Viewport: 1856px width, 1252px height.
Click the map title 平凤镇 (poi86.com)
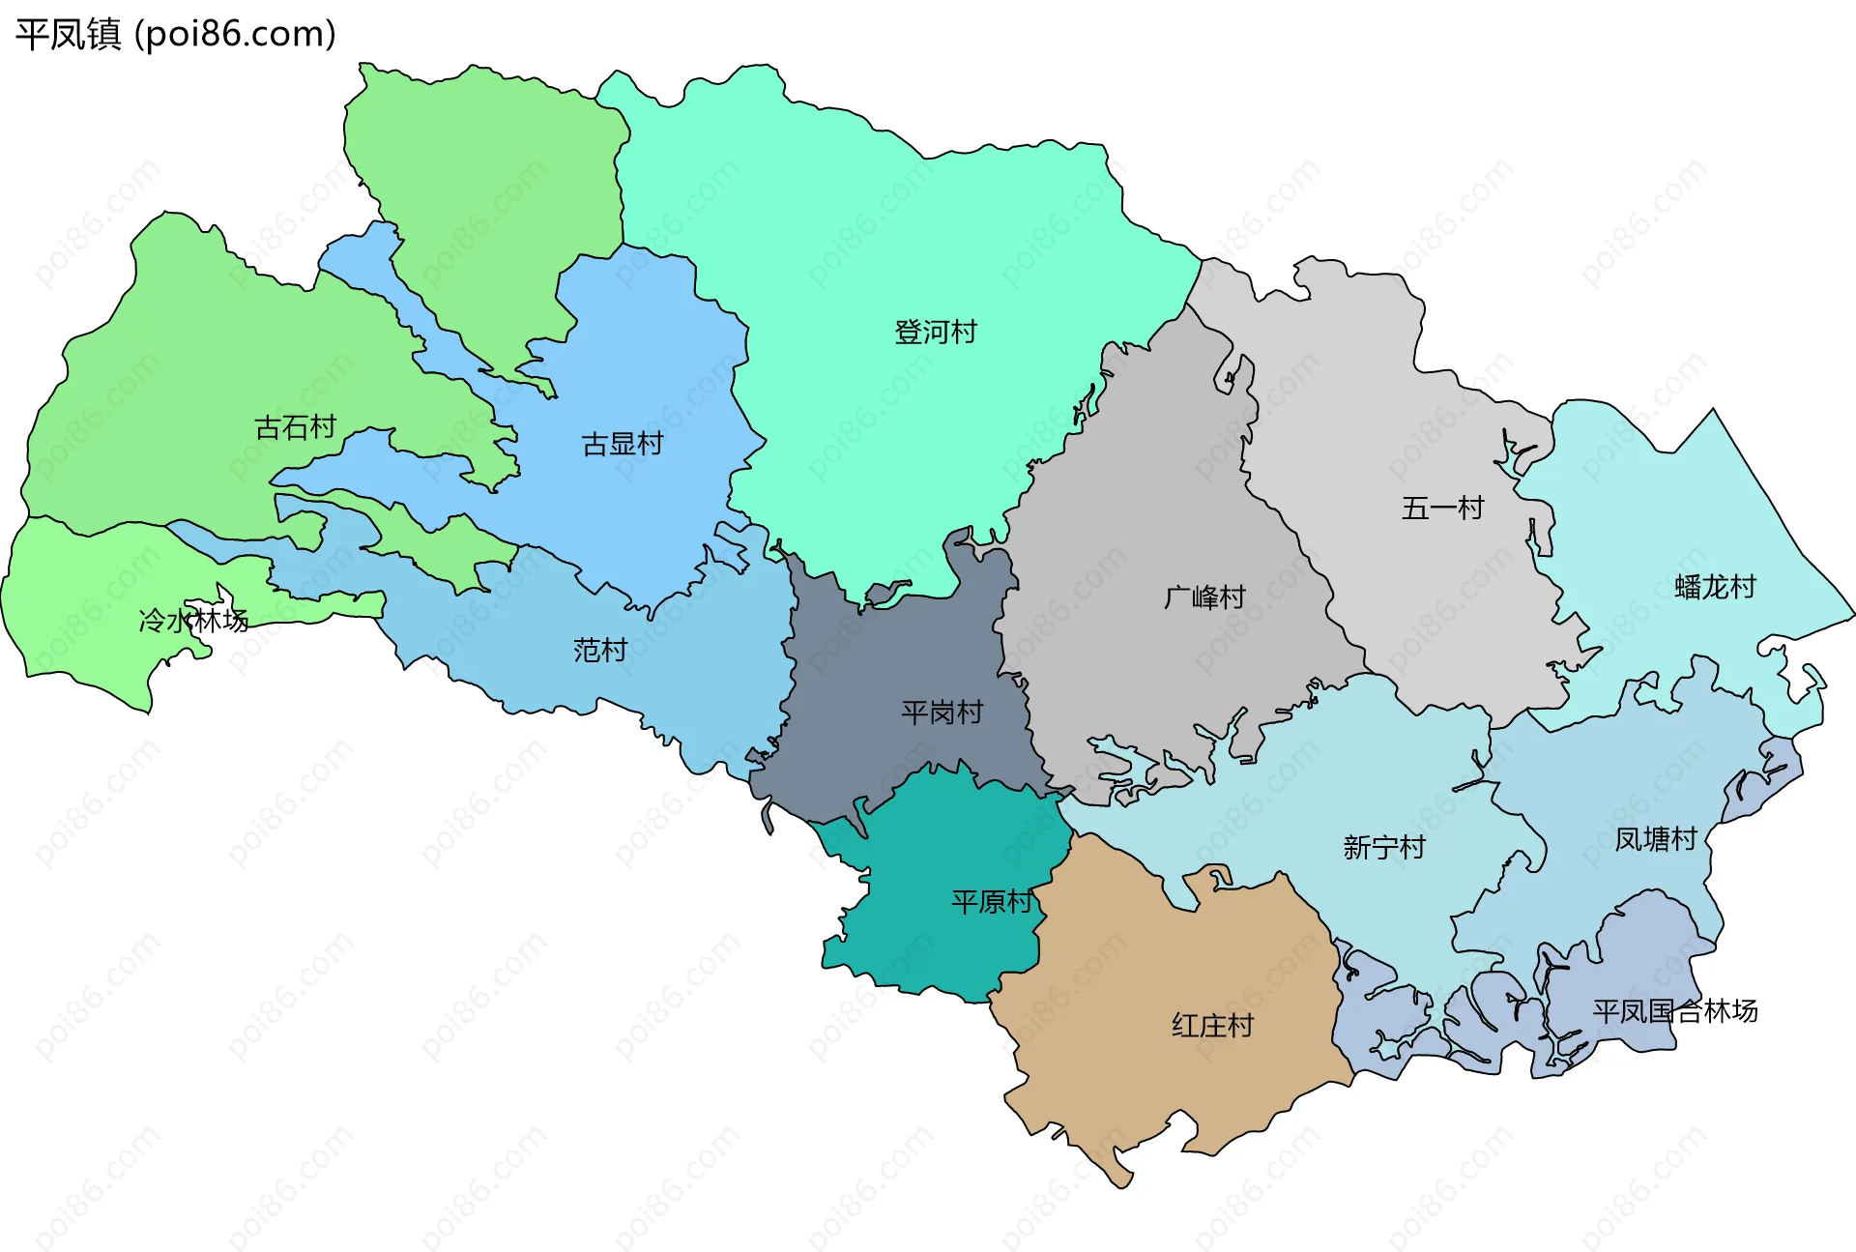pyautogui.click(x=175, y=34)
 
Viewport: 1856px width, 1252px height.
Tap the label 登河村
pyautogui.click(x=935, y=333)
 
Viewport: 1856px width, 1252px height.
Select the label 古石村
pyautogui.click(x=295, y=427)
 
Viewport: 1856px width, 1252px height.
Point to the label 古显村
pyautogui.click(x=622, y=445)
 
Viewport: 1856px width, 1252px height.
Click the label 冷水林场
pyautogui.click(x=193, y=621)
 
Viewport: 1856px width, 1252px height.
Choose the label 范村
pyautogui.click(x=600, y=651)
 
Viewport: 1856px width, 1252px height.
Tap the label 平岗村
pyautogui.click(x=942, y=713)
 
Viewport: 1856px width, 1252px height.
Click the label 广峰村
pyautogui.click(x=1204, y=597)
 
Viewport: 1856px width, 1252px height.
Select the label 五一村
pyautogui.click(x=1442, y=509)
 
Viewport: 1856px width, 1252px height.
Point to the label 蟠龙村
pyautogui.click(x=1714, y=588)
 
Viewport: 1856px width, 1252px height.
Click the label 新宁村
pyautogui.click(x=1384, y=848)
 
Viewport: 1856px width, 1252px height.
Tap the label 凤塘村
pyautogui.click(x=1656, y=839)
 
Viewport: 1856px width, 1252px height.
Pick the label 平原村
pyautogui.click(x=992, y=902)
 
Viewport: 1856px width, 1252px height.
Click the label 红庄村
pyautogui.click(x=1212, y=1026)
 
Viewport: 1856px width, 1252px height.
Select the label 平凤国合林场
pyautogui.click(x=1674, y=1012)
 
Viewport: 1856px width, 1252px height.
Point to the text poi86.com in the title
pyautogui.click(x=235, y=34)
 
